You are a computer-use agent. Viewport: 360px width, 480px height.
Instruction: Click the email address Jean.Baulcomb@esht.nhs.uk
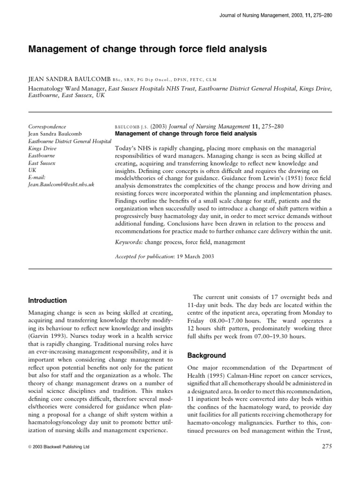61,185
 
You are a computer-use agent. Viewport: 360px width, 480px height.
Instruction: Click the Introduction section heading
48,300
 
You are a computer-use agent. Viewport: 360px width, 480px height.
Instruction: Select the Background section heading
206,355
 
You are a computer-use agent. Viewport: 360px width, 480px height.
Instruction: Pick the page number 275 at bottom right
325,447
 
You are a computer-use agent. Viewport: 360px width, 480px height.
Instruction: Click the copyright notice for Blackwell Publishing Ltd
59,447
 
